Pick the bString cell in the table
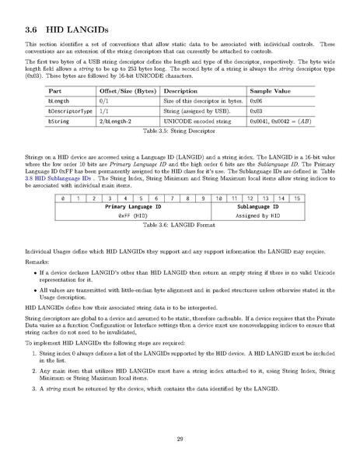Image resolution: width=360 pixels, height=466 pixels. pyautogui.click(x=58, y=121)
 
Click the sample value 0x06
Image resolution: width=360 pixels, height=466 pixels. pyautogui.click(x=257, y=101)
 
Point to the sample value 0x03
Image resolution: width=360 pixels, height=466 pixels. pyautogui.click(x=257, y=111)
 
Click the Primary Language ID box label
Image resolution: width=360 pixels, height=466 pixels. pyautogui.click(x=133, y=208)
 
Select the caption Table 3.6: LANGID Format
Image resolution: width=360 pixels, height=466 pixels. pyautogui.click(x=180, y=227)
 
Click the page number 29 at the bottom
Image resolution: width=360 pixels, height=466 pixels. pyautogui.click(x=180, y=440)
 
